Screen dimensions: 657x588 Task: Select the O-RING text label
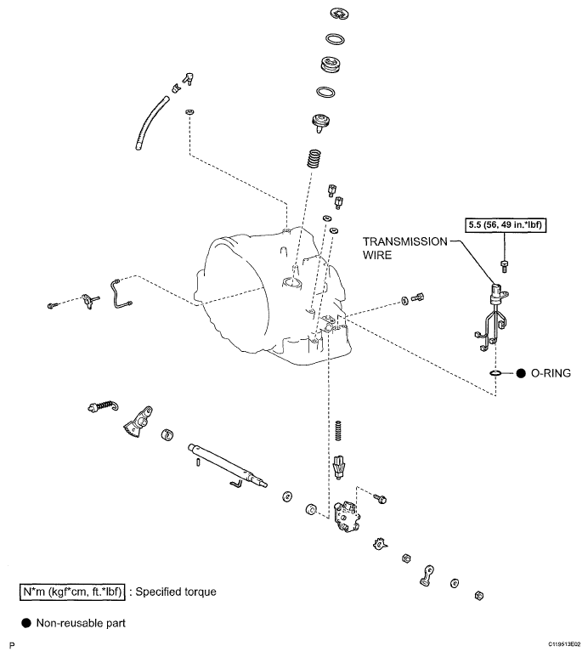pos(549,373)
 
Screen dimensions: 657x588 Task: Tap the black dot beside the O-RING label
pos(520,373)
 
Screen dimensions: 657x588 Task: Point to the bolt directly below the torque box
pos(505,262)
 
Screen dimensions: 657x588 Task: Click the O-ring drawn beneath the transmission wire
pos(496,373)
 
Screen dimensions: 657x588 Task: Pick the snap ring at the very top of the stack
pos(334,14)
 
